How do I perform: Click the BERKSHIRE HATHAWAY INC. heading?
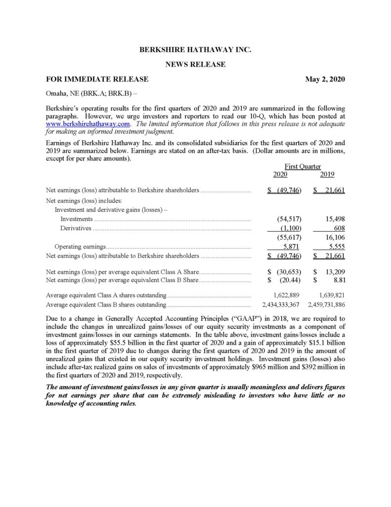[195, 50]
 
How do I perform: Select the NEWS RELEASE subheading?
[195, 64]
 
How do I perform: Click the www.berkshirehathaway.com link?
[88, 124]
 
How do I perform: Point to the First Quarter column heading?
[304, 167]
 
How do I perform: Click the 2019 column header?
[327, 174]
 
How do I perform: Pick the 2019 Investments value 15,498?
[334, 219]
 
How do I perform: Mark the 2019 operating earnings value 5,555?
[334, 247]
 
